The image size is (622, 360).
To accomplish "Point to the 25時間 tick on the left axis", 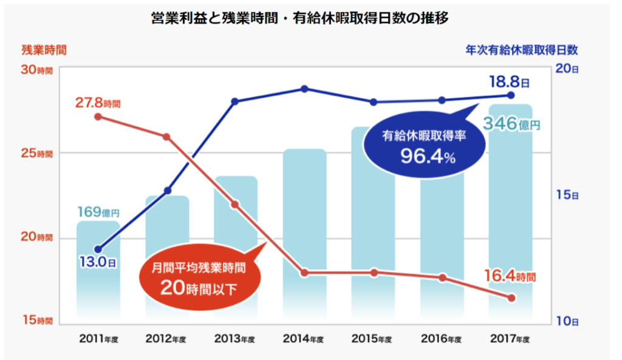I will pos(37,154).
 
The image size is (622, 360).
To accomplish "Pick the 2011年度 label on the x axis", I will pos(98,339).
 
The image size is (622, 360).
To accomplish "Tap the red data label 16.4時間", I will pos(510,276).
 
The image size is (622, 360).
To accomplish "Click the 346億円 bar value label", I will pos(511,124).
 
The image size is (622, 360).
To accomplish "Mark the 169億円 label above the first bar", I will pos(98,212).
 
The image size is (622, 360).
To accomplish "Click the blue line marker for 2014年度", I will pos(305,89).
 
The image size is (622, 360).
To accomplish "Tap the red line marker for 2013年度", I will pos(236,205).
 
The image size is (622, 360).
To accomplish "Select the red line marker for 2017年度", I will pos(511,298).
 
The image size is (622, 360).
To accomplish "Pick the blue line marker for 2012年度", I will pos(168,191).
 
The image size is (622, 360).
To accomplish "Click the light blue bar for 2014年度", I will pos(305,231).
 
